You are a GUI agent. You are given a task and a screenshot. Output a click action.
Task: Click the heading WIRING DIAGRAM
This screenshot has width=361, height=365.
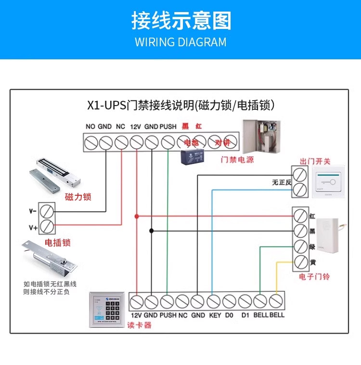(x=180, y=42)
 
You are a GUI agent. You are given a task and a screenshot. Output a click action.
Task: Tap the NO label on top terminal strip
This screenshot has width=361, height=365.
(x=90, y=127)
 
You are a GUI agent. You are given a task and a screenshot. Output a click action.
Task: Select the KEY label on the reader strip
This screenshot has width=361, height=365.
(x=214, y=315)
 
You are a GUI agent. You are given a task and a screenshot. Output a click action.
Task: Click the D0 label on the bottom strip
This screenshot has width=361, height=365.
(x=229, y=315)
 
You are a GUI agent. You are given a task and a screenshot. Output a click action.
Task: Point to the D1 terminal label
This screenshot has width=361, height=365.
(x=245, y=315)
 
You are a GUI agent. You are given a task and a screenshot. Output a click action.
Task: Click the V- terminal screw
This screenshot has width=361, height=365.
(x=47, y=211)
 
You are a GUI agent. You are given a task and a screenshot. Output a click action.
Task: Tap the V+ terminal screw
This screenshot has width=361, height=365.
(x=47, y=227)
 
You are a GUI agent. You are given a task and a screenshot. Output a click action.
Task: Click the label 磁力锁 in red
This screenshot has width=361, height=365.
(x=78, y=197)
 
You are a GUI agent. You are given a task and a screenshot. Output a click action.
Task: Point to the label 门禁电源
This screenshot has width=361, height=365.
(x=237, y=160)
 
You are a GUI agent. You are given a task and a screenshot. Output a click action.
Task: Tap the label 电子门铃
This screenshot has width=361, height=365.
(x=314, y=277)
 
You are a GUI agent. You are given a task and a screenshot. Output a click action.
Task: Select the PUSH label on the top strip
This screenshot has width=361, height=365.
(x=168, y=127)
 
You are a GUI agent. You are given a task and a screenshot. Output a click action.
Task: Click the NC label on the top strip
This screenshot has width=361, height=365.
(x=120, y=127)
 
